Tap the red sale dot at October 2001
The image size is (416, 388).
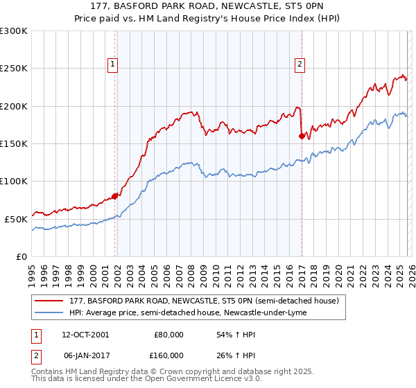[x=115, y=196]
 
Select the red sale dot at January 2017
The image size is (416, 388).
[x=302, y=136]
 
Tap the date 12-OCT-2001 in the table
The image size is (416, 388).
[x=85, y=334]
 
